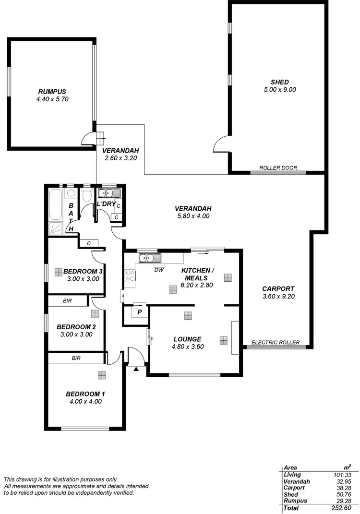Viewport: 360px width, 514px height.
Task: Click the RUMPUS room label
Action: tap(52, 91)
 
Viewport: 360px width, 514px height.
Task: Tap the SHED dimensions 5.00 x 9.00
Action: tap(279, 89)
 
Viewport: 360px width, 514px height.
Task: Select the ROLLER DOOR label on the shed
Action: tap(278, 168)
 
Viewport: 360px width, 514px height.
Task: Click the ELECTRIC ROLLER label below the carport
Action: tap(276, 343)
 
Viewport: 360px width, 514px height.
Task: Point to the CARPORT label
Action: tap(278, 288)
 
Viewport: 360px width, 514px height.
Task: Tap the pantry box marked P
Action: tap(140, 311)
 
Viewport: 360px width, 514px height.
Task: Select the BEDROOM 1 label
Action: tap(85, 394)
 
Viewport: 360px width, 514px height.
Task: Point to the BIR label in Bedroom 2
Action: tap(67, 301)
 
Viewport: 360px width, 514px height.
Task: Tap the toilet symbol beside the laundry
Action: tap(87, 195)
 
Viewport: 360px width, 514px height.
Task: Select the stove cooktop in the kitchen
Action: tap(130, 276)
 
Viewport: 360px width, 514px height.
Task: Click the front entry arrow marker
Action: tap(136, 369)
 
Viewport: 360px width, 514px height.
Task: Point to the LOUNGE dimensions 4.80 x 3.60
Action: tap(187, 347)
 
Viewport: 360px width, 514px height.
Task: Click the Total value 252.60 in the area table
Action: tap(341, 508)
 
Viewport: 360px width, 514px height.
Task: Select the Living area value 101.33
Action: tap(342, 474)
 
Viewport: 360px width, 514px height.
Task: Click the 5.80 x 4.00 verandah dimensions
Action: tap(193, 216)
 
